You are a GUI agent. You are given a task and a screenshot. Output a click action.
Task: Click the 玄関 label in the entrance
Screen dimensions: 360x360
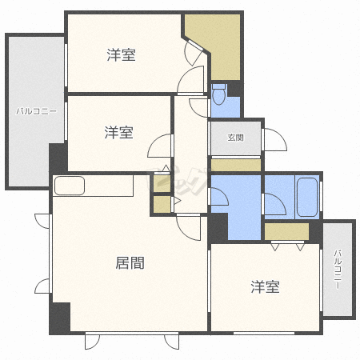[x=236, y=138]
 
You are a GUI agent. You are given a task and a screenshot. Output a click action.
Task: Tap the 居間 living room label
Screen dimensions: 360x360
[x=130, y=263]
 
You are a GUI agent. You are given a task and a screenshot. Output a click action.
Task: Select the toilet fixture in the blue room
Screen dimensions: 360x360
[x=219, y=94]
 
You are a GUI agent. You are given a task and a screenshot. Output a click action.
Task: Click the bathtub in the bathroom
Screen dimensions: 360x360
[x=307, y=197]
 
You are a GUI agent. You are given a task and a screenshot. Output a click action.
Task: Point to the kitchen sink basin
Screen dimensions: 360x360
[x=70, y=186]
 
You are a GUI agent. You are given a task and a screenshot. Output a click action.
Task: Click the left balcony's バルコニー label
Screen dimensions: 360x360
[x=36, y=111]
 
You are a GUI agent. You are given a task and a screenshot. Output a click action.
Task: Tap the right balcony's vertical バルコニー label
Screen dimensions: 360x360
[x=338, y=270]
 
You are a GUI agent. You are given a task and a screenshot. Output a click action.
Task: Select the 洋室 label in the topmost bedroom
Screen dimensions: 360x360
[x=122, y=55]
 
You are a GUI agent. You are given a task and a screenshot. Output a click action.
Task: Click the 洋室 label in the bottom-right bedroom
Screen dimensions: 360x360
[x=265, y=287]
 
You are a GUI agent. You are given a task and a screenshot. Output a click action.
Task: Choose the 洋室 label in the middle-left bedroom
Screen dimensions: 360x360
[x=119, y=133]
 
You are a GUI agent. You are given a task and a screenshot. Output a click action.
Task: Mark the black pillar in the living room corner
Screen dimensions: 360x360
[x=61, y=318]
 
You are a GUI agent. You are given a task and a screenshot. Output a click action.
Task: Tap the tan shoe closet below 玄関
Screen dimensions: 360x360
[x=236, y=165]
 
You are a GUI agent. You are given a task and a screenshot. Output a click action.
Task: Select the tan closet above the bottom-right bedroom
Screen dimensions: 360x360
[x=286, y=231]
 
